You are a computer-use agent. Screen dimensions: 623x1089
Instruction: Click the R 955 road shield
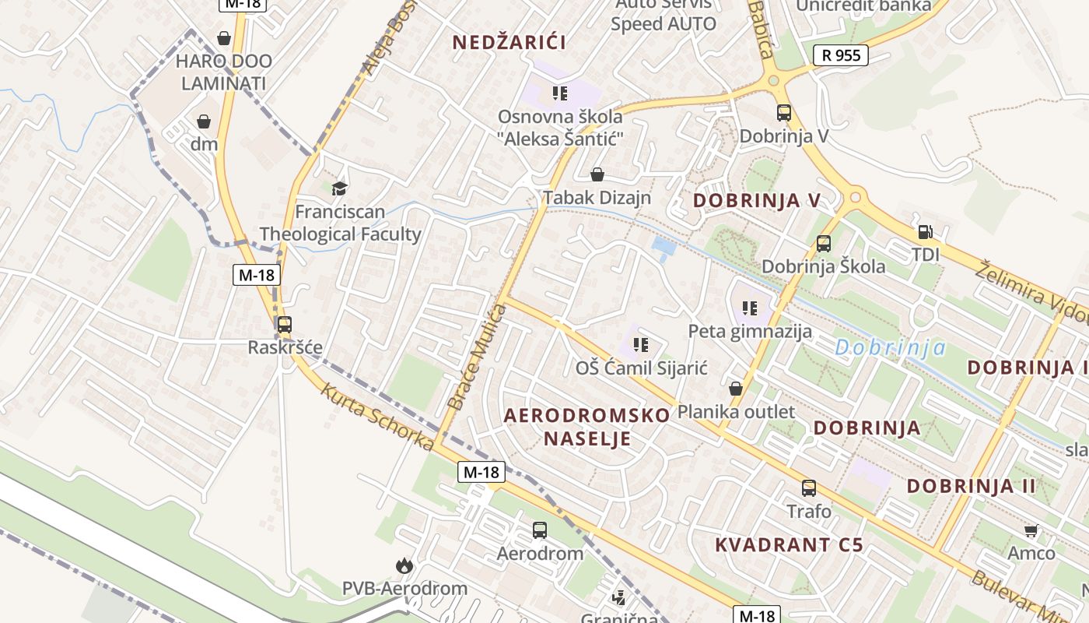tap(840, 55)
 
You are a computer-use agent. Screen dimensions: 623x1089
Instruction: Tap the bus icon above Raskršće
tap(285, 325)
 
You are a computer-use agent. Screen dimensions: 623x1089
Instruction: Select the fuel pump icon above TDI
tap(925, 232)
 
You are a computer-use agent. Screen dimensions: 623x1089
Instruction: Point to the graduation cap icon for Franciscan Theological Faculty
tap(339, 188)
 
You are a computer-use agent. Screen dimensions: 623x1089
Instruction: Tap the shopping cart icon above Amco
tap(1031, 531)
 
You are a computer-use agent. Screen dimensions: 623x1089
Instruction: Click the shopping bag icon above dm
tap(204, 121)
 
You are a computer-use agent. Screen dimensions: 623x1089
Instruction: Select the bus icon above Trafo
tap(809, 488)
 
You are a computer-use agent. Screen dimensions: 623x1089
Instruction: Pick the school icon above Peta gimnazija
tap(750, 308)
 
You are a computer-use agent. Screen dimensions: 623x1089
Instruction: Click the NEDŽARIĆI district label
tap(509, 43)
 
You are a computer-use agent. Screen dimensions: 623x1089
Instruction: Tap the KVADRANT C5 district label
tap(789, 544)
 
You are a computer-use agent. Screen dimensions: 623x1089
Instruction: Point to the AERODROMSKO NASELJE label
tap(587, 426)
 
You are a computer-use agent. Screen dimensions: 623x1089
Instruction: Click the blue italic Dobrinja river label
tap(890, 348)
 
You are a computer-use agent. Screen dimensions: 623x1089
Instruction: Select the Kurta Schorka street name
tap(376, 417)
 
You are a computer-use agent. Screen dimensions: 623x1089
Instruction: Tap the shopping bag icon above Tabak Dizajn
tap(597, 174)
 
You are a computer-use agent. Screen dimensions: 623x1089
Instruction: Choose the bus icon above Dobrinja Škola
tap(824, 244)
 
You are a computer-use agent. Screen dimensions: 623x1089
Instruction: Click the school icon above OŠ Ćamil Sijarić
tap(641, 344)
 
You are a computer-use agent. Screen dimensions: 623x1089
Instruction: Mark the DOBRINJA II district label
tap(972, 486)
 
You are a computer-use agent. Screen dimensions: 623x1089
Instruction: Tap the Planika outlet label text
tap(736, 411)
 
